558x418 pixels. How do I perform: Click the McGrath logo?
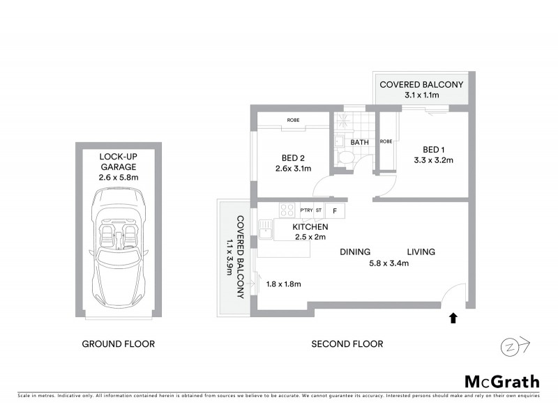pos(502,381)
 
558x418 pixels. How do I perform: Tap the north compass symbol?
pos(515,346)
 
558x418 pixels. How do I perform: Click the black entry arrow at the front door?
pos(453,318)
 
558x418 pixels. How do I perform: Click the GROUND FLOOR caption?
pos(118,344)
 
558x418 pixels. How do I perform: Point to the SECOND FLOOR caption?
pos(347,344)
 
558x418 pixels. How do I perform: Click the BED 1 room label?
pos(433,150)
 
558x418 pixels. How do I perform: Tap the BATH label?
pos(360,142)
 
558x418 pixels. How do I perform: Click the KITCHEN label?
pos(310,227)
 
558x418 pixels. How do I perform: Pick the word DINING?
pos(355,252)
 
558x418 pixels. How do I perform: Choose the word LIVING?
pos(421,252)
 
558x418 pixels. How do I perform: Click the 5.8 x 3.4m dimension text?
pos(388,263)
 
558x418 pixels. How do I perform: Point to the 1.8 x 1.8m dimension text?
pos(284,284)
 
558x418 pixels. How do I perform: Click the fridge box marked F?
pos(334,210)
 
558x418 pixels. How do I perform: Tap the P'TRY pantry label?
pos(306,210)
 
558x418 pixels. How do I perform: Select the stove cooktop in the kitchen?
pos(287,209)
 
